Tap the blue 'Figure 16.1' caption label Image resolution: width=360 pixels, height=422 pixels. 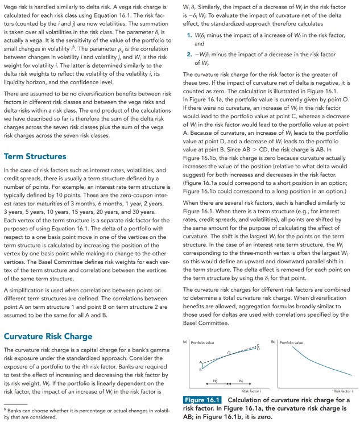point(202,400)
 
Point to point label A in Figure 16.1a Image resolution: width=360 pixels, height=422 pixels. point(200,362)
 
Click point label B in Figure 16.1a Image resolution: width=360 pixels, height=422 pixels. point(200,369)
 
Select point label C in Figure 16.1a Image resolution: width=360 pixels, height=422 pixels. point(258,345)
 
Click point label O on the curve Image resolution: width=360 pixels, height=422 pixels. point(229,353)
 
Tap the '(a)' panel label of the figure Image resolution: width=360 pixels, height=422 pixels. point(184,342)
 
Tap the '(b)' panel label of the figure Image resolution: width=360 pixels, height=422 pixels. point(274,342)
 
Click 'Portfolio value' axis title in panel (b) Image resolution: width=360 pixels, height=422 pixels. point(291,343)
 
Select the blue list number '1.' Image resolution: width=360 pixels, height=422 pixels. point(191,35)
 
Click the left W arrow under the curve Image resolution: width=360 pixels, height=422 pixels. point(215,383)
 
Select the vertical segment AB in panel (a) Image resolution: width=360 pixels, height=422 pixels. point(203,365)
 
